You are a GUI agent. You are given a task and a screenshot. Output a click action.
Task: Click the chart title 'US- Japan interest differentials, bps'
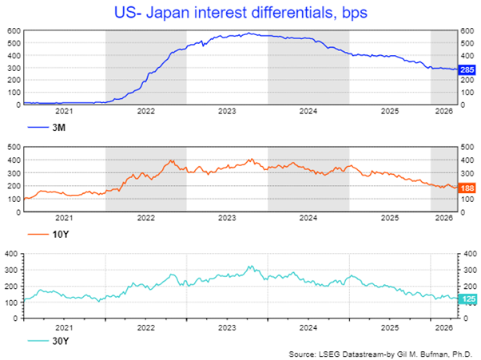click(240, 13)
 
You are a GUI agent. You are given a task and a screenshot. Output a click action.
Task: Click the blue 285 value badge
click(467, 70)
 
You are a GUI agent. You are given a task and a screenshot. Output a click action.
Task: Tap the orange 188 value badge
click(467, 188)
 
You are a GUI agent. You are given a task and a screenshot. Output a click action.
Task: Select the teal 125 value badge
click(467, 299)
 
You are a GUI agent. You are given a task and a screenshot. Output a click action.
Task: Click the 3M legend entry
click(46, 127)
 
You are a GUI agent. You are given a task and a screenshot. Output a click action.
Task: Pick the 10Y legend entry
click(48, 235)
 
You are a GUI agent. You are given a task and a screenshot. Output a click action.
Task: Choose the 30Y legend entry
click(48, 341)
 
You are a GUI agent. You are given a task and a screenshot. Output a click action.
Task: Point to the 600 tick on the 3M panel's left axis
click(14, 31)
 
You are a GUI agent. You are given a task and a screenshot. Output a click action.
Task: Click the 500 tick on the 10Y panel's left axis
click(14, 147)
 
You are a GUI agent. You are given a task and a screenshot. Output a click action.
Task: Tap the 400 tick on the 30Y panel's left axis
click(11, 254)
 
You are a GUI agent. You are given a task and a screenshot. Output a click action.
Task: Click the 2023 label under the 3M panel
click(227, 111)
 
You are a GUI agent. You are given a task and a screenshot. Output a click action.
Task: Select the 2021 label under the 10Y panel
click(64, 218)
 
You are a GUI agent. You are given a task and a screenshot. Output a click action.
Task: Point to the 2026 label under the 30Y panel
click(444, 327)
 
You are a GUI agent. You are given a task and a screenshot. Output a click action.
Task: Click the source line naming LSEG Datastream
click(380, 354)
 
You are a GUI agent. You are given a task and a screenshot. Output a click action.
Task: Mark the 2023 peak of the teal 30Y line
click(251, 266)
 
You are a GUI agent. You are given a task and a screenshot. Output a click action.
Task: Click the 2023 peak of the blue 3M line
click(249, 33)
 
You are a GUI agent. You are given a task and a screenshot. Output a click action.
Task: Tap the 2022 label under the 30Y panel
click(146, 327)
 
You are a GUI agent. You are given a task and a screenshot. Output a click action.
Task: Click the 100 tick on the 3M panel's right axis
click(467, 93)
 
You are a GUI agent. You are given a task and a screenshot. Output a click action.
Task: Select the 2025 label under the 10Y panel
click(390, 218)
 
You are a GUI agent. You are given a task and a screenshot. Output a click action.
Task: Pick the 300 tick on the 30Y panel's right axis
click(471, 270)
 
